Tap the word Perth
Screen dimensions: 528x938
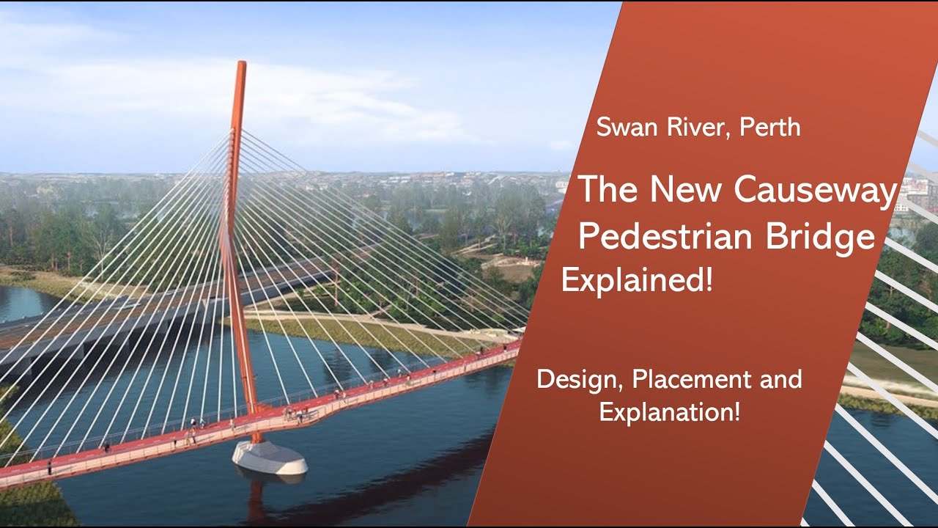(x=769, y=128)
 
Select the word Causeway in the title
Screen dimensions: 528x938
(x=816, y=191)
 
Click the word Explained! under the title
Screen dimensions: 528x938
(x=637, y=281)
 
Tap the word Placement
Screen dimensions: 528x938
(x=687, y=380)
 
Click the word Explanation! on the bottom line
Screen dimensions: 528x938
(x=670, y=412)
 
